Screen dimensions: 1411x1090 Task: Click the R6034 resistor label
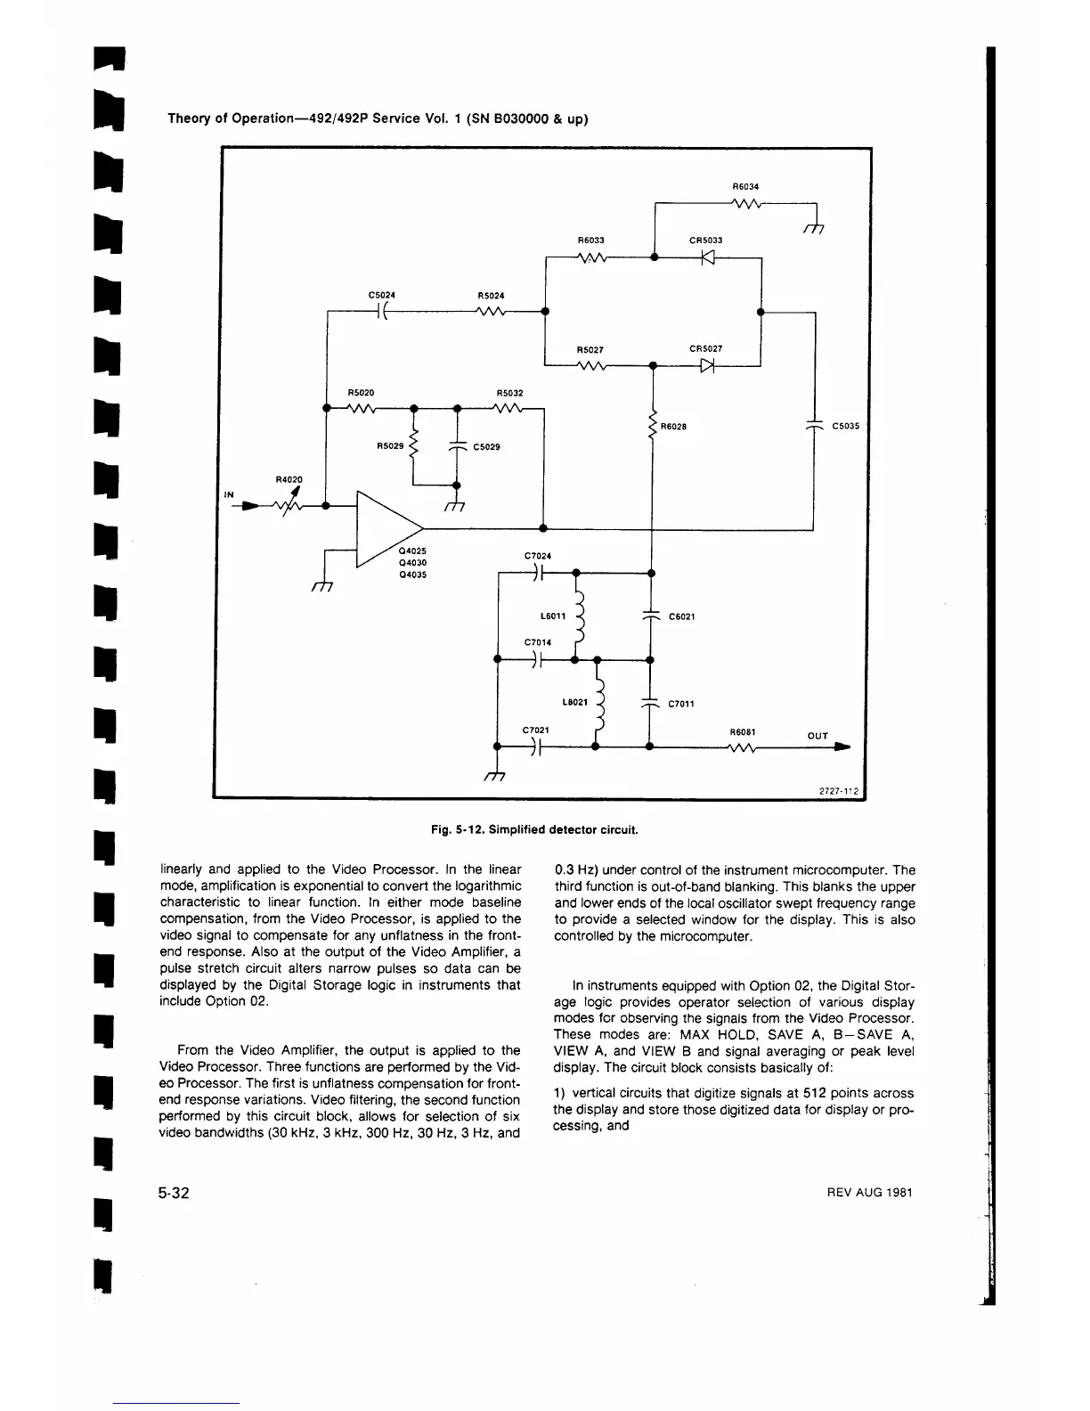click(x=744, y=187)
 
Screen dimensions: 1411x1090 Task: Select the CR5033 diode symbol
click(x=707, y=258)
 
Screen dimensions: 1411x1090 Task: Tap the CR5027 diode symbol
click(x=707, y=365)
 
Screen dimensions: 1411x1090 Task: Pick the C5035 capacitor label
click(x=845, y=426)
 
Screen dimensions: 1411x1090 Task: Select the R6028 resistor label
click(x=673, y=426)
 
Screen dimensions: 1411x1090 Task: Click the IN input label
click(x=229, y=494)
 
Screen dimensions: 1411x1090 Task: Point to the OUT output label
click(x=817, y=736)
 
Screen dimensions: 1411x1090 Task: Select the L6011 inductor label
click(x=553, y=616)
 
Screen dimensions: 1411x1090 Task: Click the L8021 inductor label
click(x=574, y=702)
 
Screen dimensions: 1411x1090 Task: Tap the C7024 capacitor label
click(x=538, y=556)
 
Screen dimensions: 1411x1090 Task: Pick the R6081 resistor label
click(x=743, y=732)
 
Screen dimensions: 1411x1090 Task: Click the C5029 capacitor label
click(x=486, y=447)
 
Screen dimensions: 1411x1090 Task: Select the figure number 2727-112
click(x=842, y=790)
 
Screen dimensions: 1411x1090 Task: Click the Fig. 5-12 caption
click(x=534, y=829)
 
